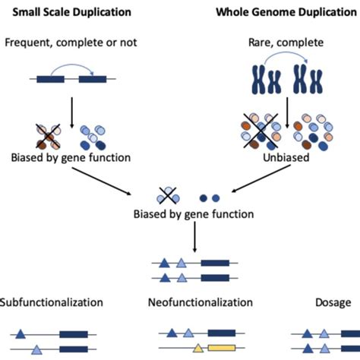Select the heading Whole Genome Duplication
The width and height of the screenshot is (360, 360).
point(287,12)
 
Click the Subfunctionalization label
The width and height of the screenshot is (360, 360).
point(52,302)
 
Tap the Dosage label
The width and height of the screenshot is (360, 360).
point(333,302)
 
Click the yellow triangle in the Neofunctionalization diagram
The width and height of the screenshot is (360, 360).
point(198,349)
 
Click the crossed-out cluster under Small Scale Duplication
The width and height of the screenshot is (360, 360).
point(48,134)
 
